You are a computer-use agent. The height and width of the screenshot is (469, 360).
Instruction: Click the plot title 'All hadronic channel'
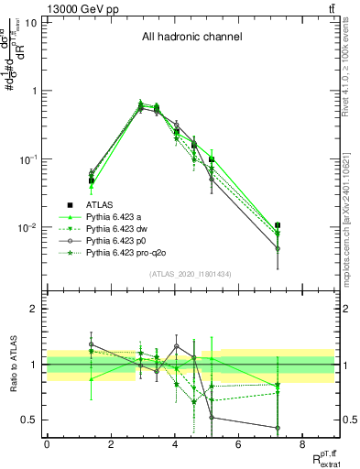tap(191, 38)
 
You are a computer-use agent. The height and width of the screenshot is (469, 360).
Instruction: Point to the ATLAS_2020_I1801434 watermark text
tap(191, 275)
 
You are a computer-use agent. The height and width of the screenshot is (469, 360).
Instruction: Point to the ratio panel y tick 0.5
tap(31, 420)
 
